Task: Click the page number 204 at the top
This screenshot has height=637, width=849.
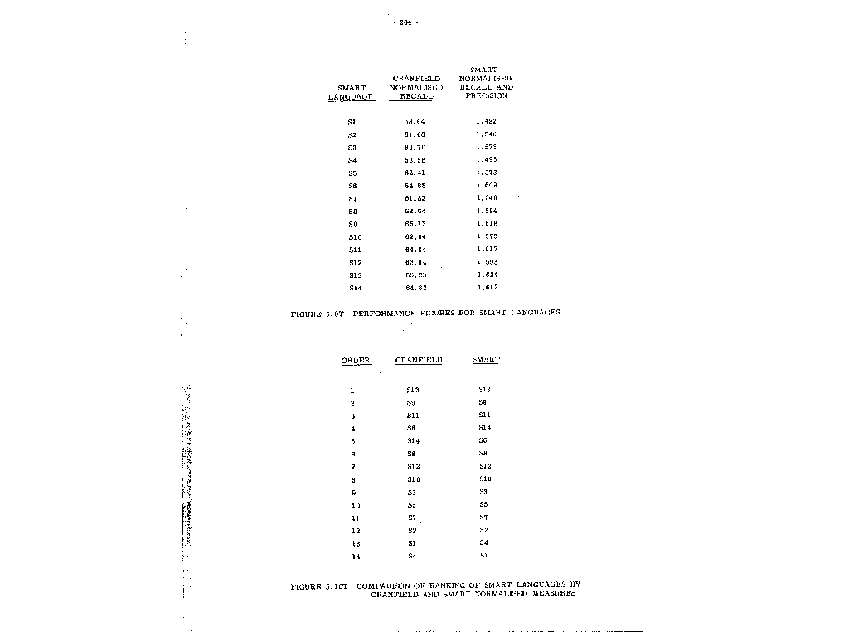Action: [x=405, y=22]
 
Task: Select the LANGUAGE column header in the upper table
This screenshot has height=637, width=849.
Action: [x=352, y=96]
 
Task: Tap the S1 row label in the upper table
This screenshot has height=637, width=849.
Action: [x=352, y=122]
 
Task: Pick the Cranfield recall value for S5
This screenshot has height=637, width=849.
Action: [x=415, y=173]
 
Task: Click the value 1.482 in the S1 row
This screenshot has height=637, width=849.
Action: [x=487, y=122]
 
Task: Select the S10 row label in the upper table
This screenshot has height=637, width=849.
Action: [x=355, y=237]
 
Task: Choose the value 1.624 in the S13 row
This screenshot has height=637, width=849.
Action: [x=487, y=275]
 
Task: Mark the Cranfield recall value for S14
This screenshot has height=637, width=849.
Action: [x=415, y=288]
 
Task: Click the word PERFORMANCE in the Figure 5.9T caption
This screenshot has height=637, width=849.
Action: [x=384, y=313]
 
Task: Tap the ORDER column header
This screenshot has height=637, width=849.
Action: [x=356, y=361]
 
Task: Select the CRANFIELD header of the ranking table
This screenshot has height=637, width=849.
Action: [x=419, y=361]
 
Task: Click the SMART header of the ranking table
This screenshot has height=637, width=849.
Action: [x=487, y=360]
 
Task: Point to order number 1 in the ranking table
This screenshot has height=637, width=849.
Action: [x=352, y=390]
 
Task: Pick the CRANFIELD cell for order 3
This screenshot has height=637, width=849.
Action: [x=413, y=416]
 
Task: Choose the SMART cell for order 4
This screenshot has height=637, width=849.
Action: [x=485, y=428]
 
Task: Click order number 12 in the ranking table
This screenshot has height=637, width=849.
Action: [x=356, y=531]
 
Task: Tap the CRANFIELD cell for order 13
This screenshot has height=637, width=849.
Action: [x=412, y=543]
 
